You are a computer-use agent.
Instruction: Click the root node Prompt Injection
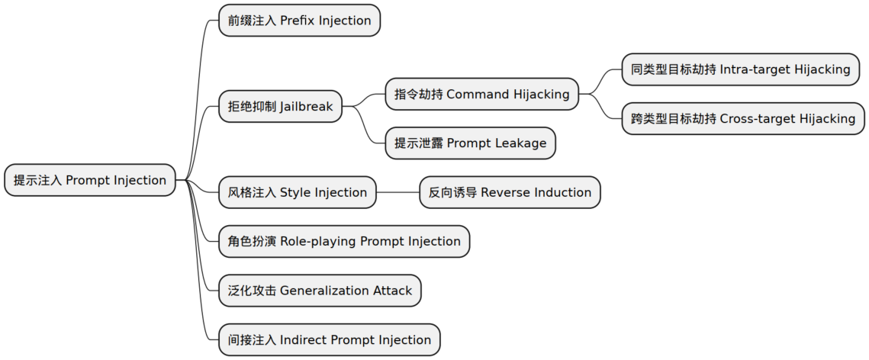pos(90,181)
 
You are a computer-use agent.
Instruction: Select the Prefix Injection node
pos(299,21)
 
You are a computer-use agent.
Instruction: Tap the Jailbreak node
pos(280,107)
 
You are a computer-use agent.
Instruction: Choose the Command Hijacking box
pos(481,95)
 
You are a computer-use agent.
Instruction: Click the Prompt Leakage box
pos(470,143)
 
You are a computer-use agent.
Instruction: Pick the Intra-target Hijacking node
pos(740,69)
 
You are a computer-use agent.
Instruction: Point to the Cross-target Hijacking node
pos(743,119)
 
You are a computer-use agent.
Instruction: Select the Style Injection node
pos(297,192)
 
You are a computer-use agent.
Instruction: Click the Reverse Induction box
pos(510,192)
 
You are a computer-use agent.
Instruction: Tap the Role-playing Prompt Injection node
pos(344,242)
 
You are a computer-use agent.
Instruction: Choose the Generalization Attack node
pos(320,291)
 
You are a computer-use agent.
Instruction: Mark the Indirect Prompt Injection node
pos(329,339)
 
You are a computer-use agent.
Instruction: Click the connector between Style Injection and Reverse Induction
pos(397,192)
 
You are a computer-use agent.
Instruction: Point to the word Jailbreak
pos(306,107)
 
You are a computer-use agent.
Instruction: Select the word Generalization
pos(324,291)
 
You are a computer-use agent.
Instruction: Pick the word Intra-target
pos(755,69)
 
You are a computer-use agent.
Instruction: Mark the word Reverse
pos(504,192)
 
